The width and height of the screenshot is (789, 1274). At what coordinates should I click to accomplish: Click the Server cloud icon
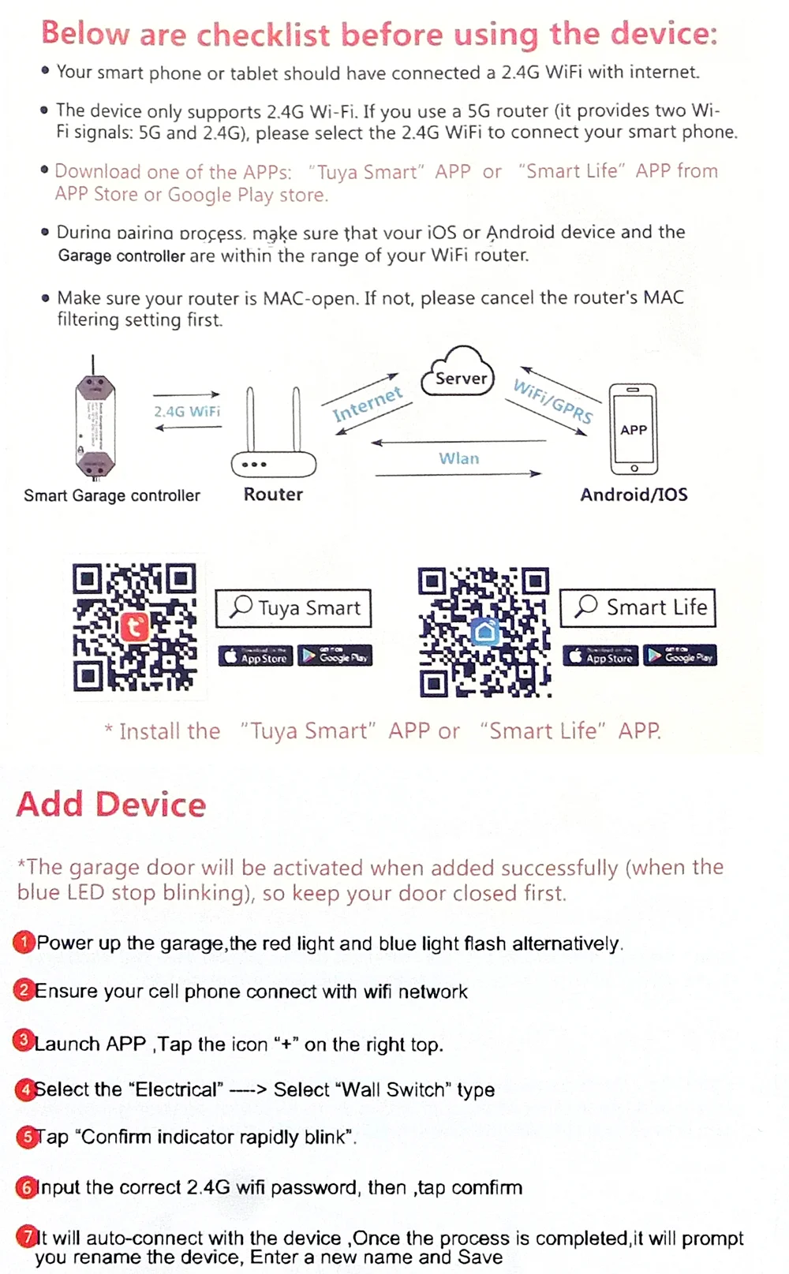459,373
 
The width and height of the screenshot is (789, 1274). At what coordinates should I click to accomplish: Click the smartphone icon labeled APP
633,428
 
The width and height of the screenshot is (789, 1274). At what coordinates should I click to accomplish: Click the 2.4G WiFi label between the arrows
187,411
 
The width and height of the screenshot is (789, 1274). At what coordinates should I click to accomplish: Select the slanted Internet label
367,404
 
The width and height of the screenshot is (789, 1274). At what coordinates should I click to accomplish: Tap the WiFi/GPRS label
552,400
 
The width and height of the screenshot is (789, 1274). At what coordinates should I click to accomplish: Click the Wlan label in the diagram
458,458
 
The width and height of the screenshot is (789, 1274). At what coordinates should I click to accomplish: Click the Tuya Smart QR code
134,627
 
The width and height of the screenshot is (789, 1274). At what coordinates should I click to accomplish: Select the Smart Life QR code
484,632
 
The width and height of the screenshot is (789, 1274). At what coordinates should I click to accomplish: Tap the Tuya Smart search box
294,608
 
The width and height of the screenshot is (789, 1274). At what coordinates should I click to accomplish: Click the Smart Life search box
638,607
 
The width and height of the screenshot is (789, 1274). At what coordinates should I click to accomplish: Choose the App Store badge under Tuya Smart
256,656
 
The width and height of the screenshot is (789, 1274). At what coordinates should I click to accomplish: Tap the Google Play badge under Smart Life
680,656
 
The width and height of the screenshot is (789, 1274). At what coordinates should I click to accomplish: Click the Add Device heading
111,805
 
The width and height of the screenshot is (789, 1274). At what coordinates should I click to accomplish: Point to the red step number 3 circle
24,1040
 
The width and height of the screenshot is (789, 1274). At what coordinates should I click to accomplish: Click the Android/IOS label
634,495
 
